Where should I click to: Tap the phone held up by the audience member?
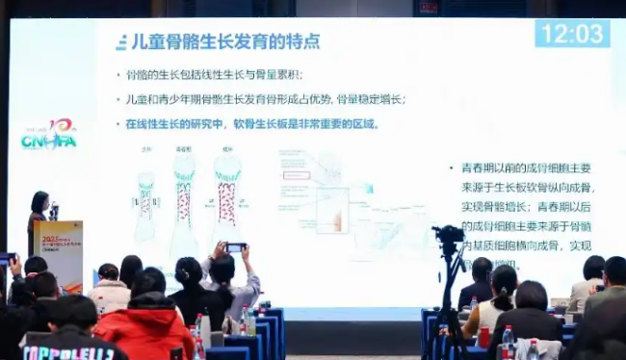tap(235, 247)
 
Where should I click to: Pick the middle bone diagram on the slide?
tap(183, 202)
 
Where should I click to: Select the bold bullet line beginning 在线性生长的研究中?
tap(252, 123)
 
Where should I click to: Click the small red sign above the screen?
tap(429, 9)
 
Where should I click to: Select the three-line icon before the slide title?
tap(121, 43)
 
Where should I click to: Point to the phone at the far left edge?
tap(5, 259)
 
